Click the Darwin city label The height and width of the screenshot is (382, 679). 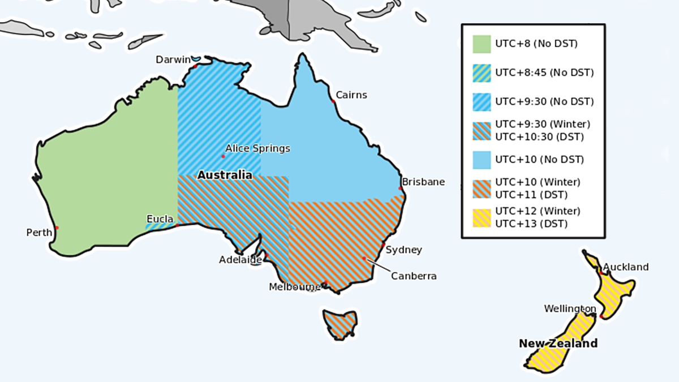(x=173, y=59)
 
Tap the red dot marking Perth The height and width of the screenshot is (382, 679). (x=57, y=228)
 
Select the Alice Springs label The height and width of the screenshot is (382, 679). (x=257, y=148)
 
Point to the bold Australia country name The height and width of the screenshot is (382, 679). (x=225, y=175)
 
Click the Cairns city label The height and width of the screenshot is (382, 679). (x=351, y=95)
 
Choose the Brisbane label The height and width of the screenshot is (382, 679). (x=423, y=182)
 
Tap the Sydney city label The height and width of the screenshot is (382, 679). (x=403, y=250)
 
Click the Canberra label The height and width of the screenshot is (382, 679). (x=414, y=276)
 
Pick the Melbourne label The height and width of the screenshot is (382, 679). (x=295, y=287)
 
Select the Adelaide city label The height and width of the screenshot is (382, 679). (x=240, y=260)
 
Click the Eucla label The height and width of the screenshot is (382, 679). (x=160, y=218)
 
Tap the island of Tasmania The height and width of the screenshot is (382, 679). (x=340, y=323)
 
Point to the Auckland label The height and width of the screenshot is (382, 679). (x=626, y=267)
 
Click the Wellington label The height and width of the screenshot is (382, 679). (x=570, y=308)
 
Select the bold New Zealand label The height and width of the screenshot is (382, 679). (x=558, y=344)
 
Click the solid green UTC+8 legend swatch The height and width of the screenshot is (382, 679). (x=482, y=44)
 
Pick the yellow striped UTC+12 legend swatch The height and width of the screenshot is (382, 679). (x=482, y=218)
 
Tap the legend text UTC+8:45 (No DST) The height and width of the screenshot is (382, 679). (x=544, y=72)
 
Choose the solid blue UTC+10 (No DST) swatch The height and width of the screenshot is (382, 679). (x=482, y=160)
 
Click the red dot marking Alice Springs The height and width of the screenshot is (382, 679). (x=223, y=156)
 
